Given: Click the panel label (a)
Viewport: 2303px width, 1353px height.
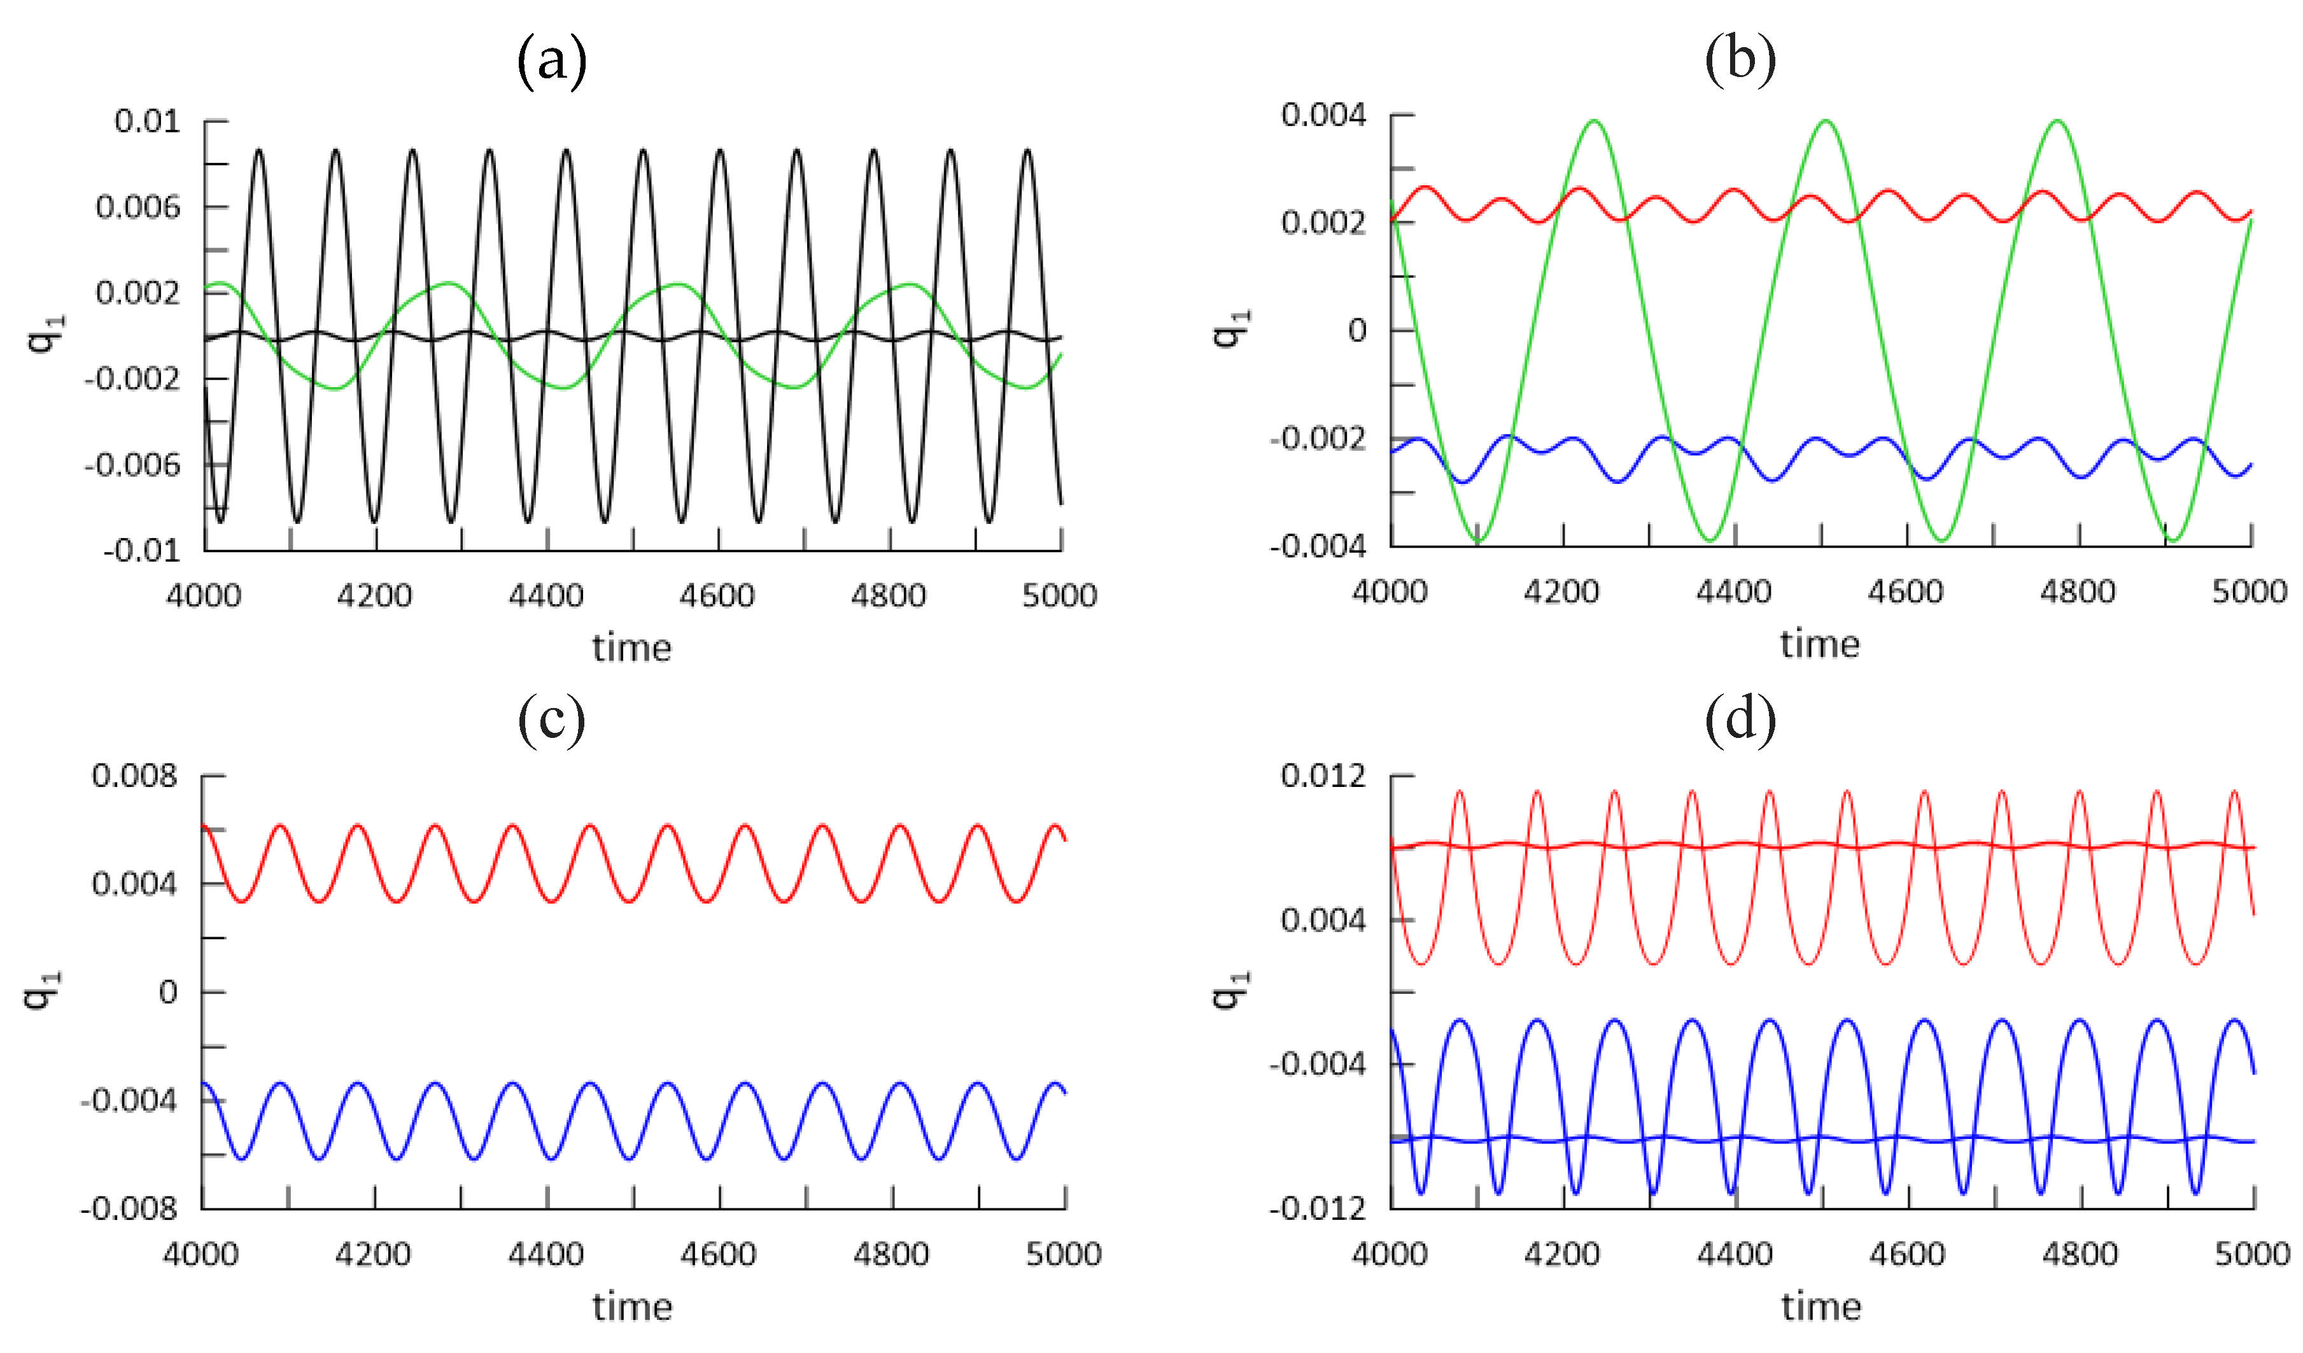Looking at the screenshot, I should click(551, 62).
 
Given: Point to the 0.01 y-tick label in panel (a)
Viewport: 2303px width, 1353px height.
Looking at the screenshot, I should click(147, 121).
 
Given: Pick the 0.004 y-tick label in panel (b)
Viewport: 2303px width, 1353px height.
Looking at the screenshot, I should click(1323, 115).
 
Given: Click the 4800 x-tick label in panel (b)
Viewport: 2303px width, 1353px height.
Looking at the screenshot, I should click(2077, 592).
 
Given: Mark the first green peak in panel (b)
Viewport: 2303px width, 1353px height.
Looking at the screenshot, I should click(1594, 121).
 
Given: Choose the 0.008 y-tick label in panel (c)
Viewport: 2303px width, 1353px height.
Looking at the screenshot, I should click(134, 776).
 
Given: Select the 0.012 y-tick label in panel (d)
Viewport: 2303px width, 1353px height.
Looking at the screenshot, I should click(1323, 776).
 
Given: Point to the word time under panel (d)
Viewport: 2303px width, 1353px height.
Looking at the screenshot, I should click(1821, 1307).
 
